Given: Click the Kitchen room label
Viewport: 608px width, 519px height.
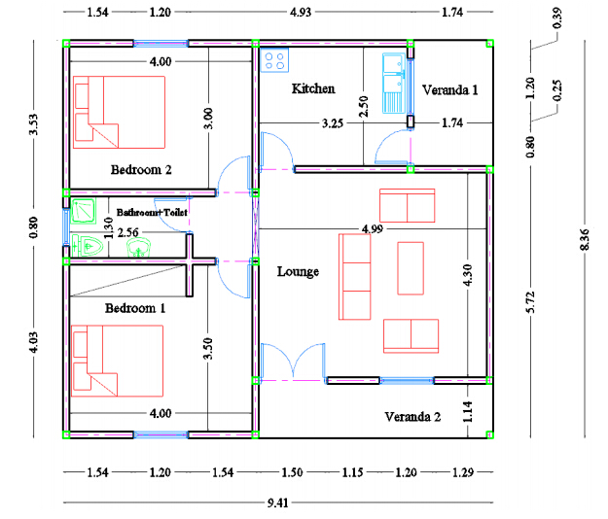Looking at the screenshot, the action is (313, 88).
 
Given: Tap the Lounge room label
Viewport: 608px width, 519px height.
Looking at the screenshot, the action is (298, 271).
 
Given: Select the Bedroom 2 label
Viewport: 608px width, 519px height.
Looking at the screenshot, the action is (141, 170).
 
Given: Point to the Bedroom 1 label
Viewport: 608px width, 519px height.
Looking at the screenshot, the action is (135, 308).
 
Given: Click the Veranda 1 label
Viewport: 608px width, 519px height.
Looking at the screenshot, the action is (449, 90).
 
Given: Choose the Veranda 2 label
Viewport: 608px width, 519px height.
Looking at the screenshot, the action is (412, 417).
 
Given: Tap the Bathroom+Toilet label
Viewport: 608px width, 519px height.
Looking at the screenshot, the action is (152, 212).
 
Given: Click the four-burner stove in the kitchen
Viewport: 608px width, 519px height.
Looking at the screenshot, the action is (274, 60).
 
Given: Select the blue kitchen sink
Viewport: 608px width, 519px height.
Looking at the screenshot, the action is (394, 84).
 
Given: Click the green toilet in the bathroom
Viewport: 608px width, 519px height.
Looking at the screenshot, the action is (88, 246).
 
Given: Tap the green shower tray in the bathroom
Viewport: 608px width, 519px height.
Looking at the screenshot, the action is (84, 211).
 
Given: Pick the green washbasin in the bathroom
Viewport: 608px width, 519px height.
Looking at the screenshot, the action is (139, 248).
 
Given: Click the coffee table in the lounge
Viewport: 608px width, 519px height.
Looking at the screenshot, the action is (411, 268).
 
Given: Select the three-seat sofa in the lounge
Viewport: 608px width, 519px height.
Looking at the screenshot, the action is (354, 277).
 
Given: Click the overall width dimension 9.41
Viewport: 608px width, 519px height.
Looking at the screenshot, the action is (277, 503).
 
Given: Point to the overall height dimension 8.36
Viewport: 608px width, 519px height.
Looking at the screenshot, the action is (585, 239).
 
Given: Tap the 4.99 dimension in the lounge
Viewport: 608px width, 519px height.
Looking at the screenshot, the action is (373, 229).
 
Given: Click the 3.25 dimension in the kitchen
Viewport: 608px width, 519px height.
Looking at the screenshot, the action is (333, 123).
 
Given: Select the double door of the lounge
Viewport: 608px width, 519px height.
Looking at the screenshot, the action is (294, 361).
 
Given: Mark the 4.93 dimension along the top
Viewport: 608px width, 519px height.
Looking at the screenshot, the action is (301, 13).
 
